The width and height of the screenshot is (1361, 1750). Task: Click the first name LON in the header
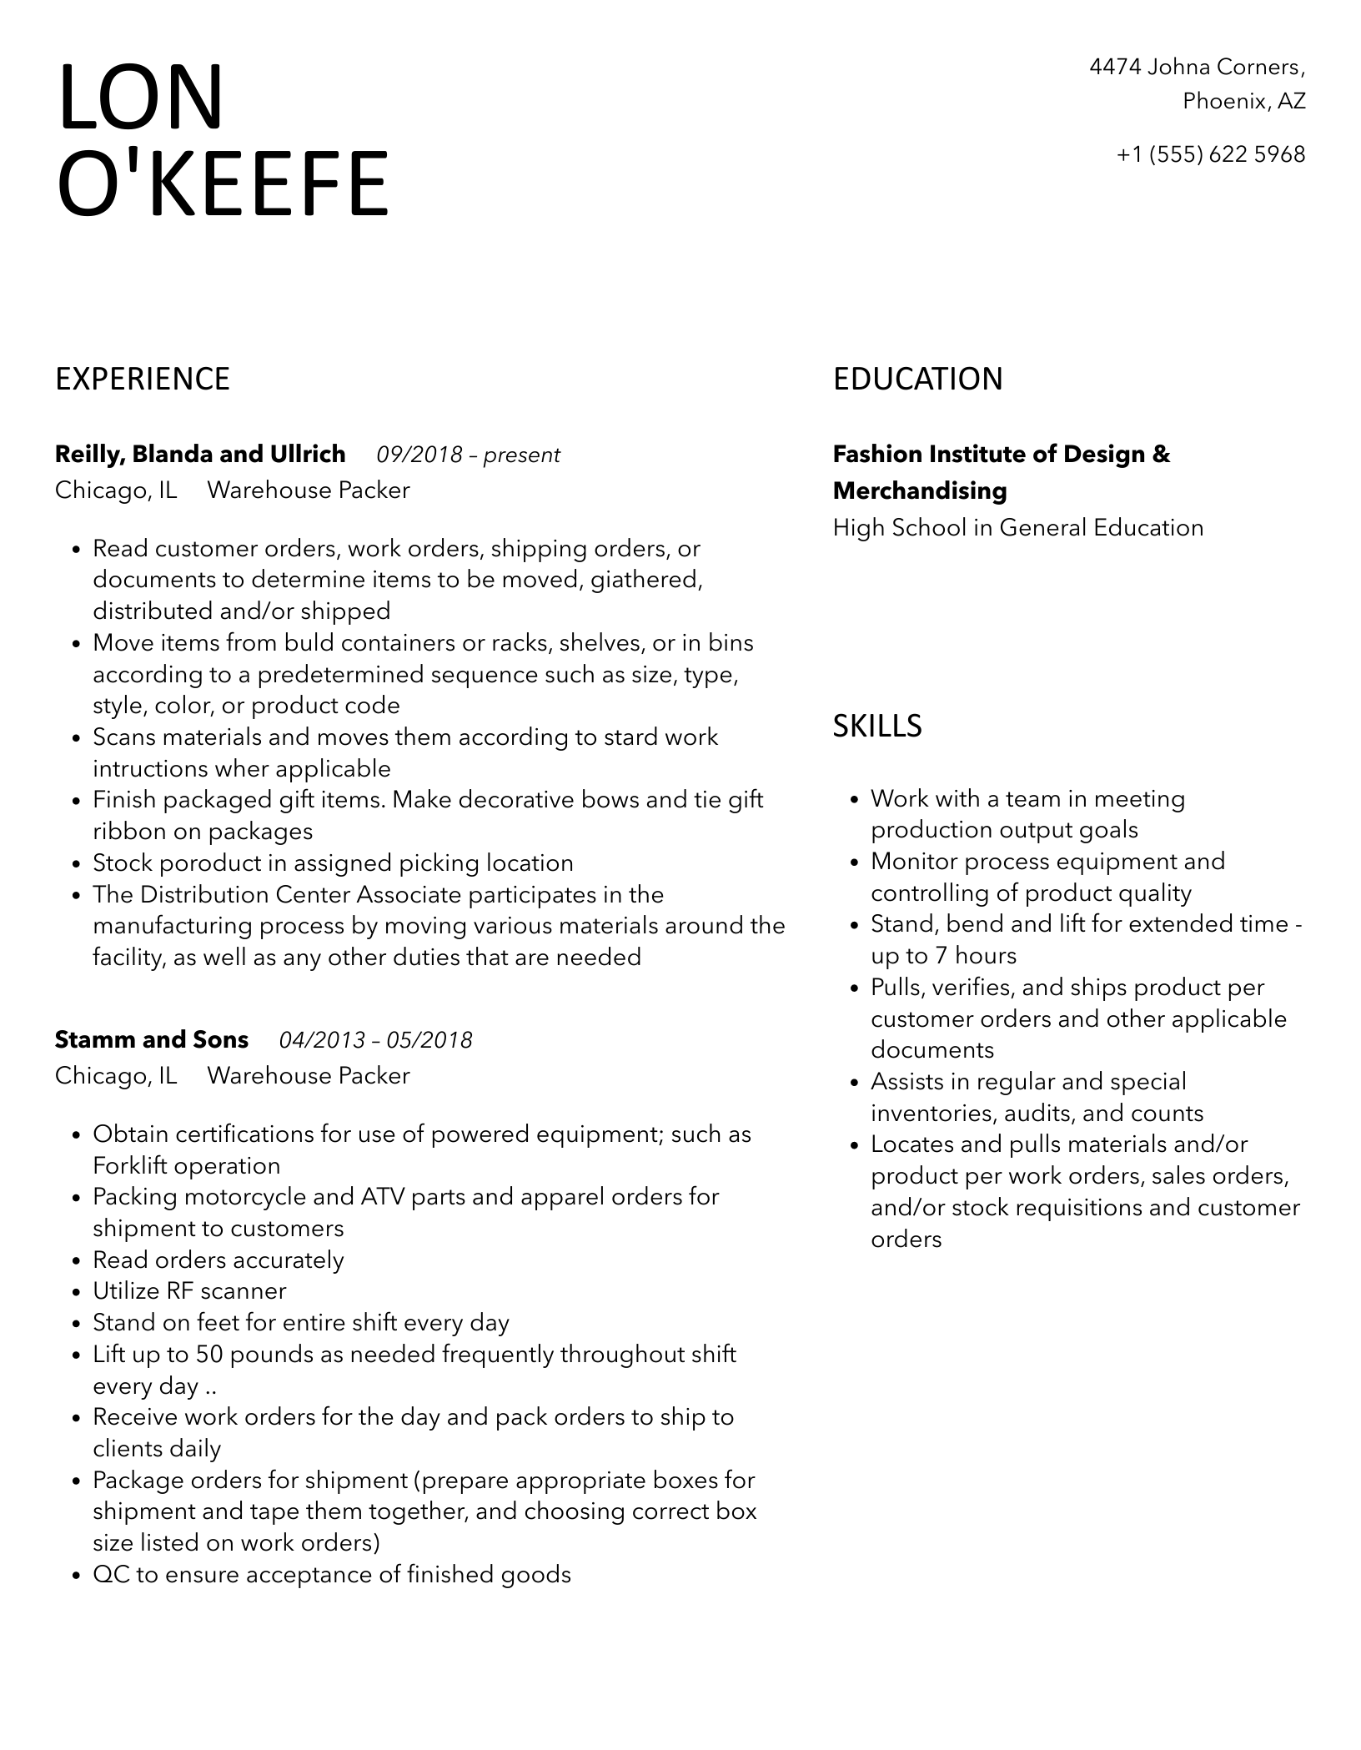click(x=141, y=98)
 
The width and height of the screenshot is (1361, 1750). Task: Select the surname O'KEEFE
click(x=223, y=184)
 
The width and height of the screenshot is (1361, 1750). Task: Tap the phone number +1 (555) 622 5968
click(x=1211, y=154)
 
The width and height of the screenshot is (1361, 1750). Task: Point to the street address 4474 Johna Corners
click(x=1197, y=67)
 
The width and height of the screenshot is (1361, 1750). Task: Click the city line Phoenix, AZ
click(x=1243, y=102)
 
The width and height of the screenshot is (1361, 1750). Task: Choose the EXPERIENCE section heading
click(x=143, y=380)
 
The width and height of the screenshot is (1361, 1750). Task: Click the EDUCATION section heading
click(x=917, y=380)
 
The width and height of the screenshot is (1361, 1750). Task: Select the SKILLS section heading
click(x=877, y=727)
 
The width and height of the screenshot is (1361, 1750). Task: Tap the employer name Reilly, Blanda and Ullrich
click(x=200, y=455)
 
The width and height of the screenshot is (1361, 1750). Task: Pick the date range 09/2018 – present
click(x=468, y=455)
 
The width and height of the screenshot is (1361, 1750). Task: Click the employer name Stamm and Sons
click(x=152, y=1040)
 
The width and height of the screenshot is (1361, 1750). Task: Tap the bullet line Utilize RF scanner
click(x=189, y=1291)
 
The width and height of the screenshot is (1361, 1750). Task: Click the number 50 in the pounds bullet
click(x=209, y=1355)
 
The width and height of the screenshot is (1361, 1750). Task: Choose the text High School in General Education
click(x=1018, y=528)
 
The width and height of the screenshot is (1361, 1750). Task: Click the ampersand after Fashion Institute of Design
click(x=1161, y=455)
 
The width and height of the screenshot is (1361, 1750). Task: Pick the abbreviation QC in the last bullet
click(x=111, y=1575)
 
